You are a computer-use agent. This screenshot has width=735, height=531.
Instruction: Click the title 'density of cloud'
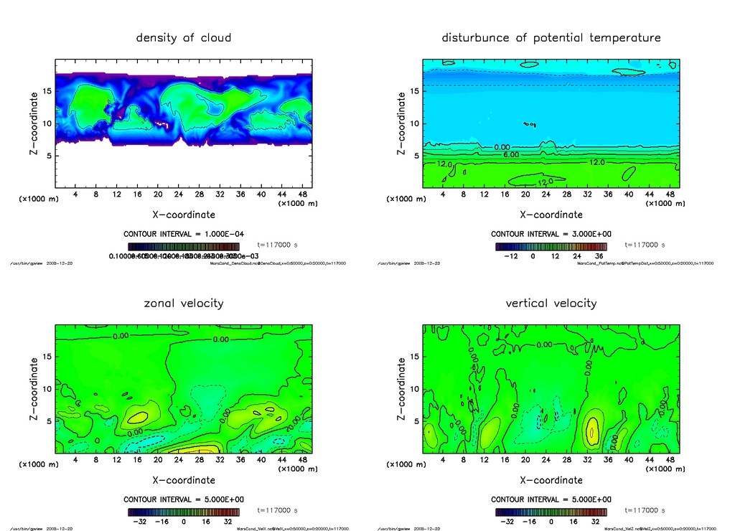[x=184, y=37]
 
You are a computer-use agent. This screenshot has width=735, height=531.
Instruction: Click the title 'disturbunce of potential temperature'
[x=551, y=37]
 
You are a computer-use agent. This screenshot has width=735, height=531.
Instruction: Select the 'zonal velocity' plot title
[x=184, y=303]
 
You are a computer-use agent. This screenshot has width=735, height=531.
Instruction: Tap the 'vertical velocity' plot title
[x=551, y=303]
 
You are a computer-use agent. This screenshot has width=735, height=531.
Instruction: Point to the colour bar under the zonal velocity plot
[x=184, y=512]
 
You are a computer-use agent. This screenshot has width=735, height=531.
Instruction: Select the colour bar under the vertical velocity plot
[x=551, y=512]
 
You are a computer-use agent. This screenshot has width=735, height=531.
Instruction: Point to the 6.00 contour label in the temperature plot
[x=511, y=154]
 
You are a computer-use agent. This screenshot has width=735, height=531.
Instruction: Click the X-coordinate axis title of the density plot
[x=184, y=214]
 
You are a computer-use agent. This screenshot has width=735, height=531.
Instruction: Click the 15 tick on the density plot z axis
[x=47, y=91]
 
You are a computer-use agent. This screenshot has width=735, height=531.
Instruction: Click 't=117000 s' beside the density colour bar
[x=277, y=245]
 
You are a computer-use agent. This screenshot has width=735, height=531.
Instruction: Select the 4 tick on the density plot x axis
[x=75, y=194]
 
